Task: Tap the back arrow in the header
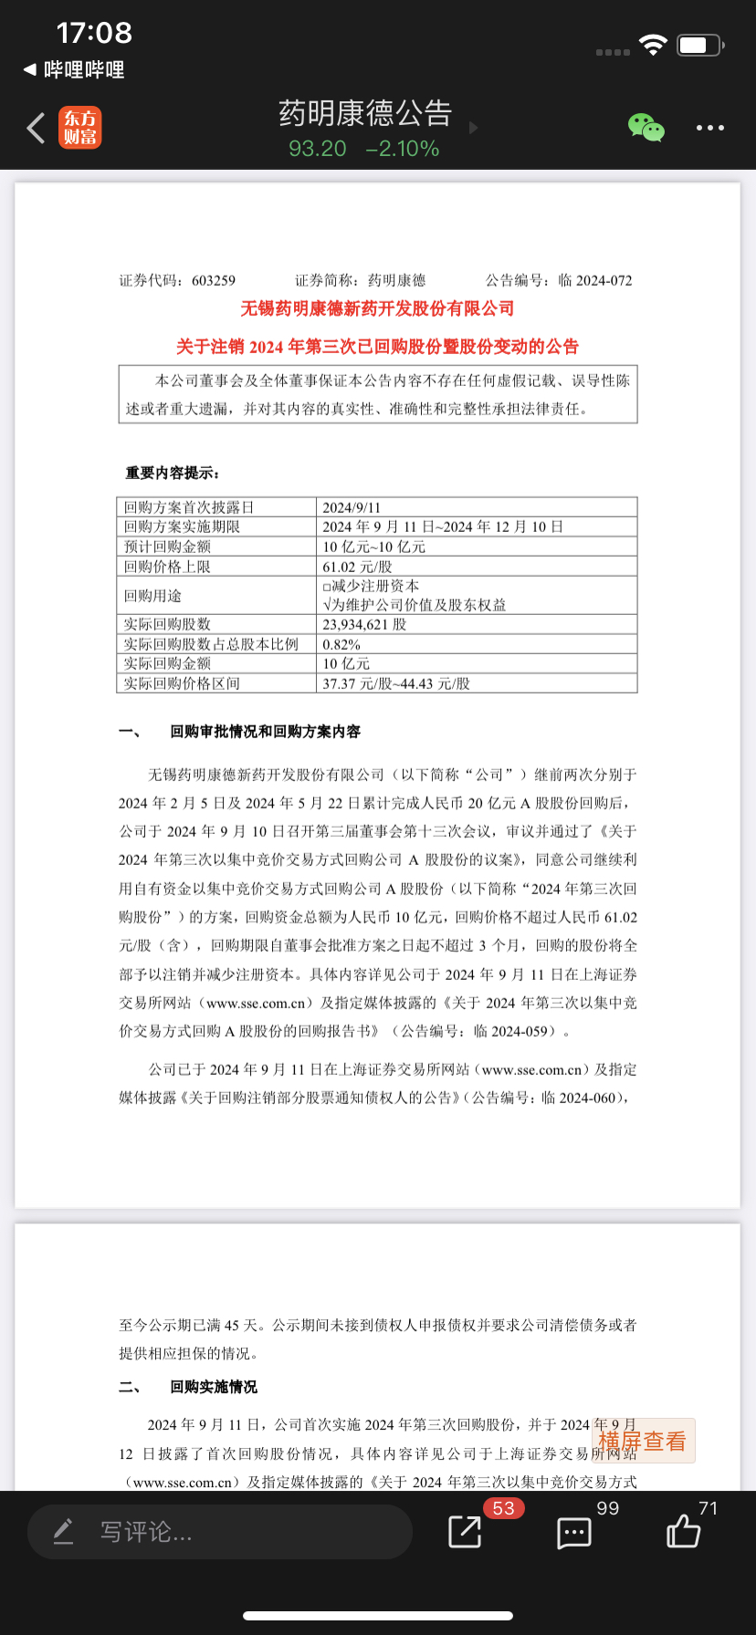coord(37,129)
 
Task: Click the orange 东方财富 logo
coord(80,128)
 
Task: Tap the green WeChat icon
coord(646,128)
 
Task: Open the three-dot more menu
coord(709,128)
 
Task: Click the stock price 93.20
coord(318,149)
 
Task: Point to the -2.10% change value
coord(403,149)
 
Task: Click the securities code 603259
coord(214,280)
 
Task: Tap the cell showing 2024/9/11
coord(352,507)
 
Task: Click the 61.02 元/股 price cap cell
coord(357,567)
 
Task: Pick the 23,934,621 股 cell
coord(364,624)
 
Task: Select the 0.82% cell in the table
coord(341,644)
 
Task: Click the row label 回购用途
coord(153,596)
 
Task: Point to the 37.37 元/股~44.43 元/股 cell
coord(396,683)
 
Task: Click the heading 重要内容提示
coord(173,473)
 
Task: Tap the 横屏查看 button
coord(643,1441)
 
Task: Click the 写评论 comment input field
coord(219,1532)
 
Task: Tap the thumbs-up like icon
coord(683,1531)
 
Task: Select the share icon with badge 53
coord(465,1531)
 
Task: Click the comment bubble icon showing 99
coord(574,1533)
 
